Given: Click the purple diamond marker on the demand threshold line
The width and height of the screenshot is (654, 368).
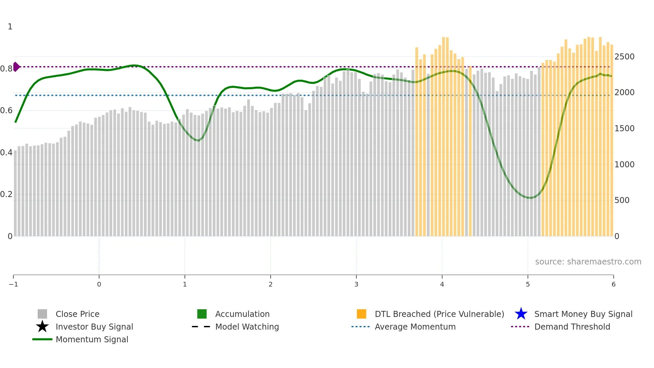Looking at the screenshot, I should (x=16, y=67).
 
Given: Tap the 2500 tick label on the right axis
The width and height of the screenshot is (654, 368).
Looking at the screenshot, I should (x=624, y=57).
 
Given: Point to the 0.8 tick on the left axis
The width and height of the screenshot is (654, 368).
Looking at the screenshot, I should (x=6, y=69).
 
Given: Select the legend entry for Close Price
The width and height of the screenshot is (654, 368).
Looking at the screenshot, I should (x=77, y=314).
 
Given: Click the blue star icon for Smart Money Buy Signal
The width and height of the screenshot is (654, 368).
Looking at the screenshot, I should (x=521, y=314).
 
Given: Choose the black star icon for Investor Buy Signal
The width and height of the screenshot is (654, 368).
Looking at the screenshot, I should (x=42, y=327).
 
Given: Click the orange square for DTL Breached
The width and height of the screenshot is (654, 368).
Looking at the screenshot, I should (x=361, y=314).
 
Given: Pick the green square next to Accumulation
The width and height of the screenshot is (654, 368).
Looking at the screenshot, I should (x=202, y=314).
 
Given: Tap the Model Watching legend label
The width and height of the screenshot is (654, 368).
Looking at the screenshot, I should (x=247, y=327).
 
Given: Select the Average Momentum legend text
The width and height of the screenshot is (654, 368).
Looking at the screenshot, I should (x=415, y=327).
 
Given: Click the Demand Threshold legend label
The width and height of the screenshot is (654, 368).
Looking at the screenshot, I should (x=572, y=327).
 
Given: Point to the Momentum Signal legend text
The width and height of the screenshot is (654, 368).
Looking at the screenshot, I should (x=92, y=339).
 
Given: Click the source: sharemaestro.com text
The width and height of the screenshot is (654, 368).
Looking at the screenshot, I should (x=588, y=261).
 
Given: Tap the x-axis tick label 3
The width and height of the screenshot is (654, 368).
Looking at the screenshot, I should (x=356, y=284).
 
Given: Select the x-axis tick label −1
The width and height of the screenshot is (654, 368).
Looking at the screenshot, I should (x=13, y=284).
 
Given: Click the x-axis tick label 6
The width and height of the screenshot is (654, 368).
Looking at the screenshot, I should (x=613, y=284).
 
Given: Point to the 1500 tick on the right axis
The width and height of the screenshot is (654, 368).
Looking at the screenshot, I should (x=624, y=129).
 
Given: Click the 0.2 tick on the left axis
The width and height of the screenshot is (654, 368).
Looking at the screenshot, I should (x=6, y=194).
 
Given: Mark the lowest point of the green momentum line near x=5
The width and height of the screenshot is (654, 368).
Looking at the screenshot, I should (x=530, y=198).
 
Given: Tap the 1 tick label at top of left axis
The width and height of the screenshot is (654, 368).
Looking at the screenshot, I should (x=10, y=27).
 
